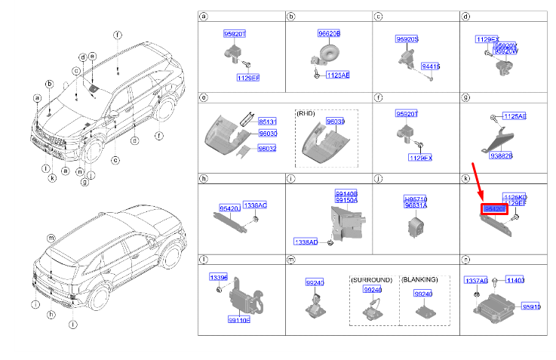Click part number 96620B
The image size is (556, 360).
point(328,34)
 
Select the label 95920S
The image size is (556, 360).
point(407,38)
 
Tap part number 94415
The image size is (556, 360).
point(430,66)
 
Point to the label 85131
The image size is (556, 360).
point(268,122)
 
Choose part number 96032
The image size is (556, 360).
point(268,149)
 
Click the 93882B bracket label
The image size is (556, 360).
point(501,155)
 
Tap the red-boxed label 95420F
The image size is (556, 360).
point(494,208)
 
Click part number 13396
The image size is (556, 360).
point(218,277)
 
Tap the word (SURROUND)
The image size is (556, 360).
point(372,279)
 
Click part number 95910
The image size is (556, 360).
point(533,307)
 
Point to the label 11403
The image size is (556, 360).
point(514,280)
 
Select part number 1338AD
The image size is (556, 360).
point(306,242)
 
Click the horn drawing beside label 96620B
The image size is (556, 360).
point(326,53)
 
